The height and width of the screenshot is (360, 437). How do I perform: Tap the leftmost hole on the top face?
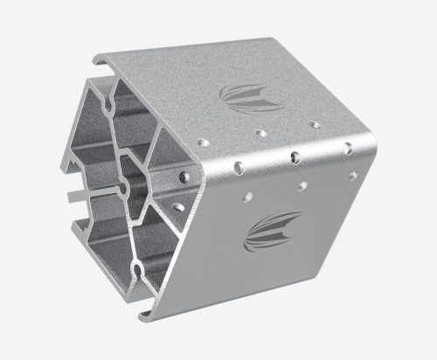pyautogui.click(x=203, y=140)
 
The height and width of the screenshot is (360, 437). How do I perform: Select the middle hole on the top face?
pyautogui.click(x=260, y=133)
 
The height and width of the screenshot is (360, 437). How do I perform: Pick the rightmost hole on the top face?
pyautogui.click(x=314, y=125)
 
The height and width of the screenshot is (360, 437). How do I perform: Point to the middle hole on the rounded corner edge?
pyautogui.click(x=295, y=157)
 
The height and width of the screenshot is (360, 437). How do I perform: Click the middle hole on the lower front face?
pyautogui.click(x=302, y=186)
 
